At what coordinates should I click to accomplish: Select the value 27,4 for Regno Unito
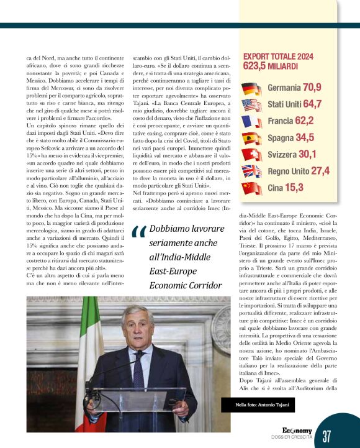coord(320,171)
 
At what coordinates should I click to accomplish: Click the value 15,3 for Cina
coord(294,187)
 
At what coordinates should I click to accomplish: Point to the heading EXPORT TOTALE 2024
coord(277,56)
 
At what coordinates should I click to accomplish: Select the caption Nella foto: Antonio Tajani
coord(258,405)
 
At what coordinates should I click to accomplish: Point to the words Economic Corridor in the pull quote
coord(186,285)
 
